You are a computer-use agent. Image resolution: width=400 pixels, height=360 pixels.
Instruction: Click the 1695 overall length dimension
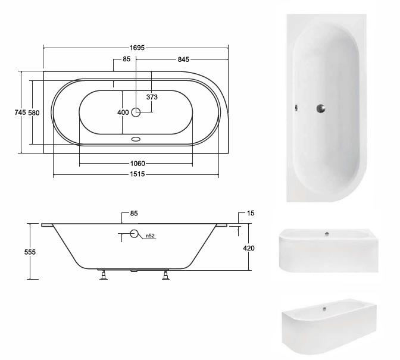click(137, 48)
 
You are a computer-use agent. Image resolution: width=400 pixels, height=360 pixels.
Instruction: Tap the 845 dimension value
click(183, 60)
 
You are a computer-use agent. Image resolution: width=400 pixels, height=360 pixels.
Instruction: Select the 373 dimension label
click(152, 97)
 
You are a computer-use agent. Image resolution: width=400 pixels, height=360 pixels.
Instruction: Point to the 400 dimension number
click(123, 112)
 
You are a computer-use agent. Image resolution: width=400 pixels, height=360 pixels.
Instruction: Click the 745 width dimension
click(20, 112)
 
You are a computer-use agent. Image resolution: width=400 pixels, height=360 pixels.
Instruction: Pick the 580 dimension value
click(34, 112)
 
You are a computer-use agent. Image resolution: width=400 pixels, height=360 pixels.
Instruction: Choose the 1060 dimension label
click(137, 164)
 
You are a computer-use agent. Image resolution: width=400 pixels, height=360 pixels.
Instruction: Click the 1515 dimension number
click(137, 174)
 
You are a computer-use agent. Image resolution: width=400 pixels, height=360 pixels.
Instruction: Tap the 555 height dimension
click(30, 252)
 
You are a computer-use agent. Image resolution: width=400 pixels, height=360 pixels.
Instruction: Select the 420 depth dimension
click(248, 248)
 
